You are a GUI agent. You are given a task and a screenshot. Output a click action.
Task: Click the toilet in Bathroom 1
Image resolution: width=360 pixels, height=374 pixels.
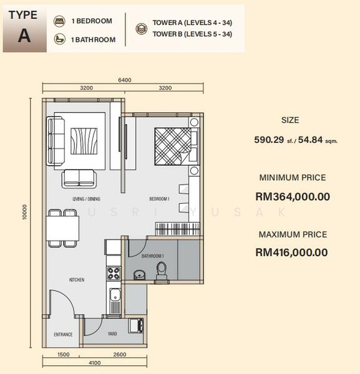click(x=162, y=271)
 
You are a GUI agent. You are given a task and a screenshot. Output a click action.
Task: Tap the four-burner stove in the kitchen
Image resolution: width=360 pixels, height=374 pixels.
click(x=114, y=273)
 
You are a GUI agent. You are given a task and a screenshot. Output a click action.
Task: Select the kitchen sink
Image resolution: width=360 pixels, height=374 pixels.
click(x=115, y=295)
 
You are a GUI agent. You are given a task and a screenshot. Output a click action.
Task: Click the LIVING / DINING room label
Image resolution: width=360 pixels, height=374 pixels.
click(x=87, y=199)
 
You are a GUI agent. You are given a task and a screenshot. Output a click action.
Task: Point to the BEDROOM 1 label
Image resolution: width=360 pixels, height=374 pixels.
click(x=159, y=199)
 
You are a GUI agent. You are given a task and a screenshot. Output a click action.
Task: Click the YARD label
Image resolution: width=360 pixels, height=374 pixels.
click(x=112, y=333)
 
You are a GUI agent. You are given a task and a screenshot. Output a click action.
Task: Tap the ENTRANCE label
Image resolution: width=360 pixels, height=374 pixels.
click(x=63, y=334)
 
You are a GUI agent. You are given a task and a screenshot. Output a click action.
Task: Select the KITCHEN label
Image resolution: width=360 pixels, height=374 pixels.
click(x=77, y=279)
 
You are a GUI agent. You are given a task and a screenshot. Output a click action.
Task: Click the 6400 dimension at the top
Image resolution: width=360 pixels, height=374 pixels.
click(x=125, y=80)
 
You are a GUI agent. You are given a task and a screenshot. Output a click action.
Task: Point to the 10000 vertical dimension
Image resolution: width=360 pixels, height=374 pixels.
click(x=24, y=211)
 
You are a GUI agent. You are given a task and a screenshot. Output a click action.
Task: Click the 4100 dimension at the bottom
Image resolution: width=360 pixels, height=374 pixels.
click(x=95, y=363)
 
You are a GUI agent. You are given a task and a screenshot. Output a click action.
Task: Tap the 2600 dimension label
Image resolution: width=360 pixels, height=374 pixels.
click(x=120, y=355)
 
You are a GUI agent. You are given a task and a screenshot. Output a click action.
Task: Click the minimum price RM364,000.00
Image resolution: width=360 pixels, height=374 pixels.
click(x=293, y=197)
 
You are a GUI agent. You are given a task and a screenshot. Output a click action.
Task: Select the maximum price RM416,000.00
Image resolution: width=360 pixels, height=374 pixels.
click(x=292, y=252)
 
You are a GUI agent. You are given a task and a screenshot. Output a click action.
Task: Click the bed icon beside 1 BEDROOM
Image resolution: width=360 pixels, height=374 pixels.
click(x=59, y=21)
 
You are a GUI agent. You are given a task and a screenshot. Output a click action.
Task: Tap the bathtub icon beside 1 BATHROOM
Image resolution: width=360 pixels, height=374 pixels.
click(x=59, y=39)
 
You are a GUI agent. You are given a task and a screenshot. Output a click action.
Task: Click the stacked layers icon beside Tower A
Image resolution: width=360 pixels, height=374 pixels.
click(x=142, y=29)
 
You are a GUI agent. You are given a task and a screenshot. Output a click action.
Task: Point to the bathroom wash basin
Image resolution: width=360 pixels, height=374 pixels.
click(x=139, y=274)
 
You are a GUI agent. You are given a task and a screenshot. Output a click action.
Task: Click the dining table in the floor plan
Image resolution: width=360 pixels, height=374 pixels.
click(x=62, y=228)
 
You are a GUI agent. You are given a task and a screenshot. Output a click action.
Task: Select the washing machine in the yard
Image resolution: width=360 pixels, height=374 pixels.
click(x=136, y=325)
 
